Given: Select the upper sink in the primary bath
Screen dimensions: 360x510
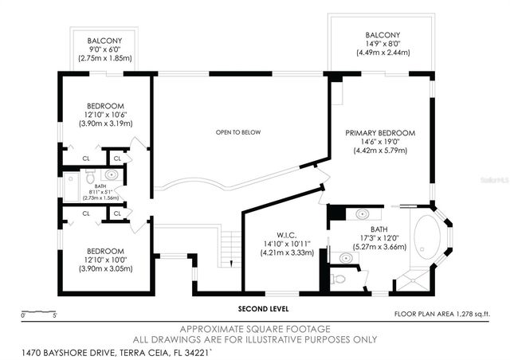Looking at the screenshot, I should (x=363, y=213).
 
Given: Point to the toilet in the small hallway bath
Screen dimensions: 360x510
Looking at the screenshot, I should (x=90, y=175).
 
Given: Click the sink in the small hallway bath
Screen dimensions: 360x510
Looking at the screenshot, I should (x=112, y=174).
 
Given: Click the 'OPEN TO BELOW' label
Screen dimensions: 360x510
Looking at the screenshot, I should (x=238, y=131).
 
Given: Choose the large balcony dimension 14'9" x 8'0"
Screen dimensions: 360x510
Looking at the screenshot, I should (x=383, y=53).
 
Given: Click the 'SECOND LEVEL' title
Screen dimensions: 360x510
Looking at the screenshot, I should (x=262, y=309).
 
